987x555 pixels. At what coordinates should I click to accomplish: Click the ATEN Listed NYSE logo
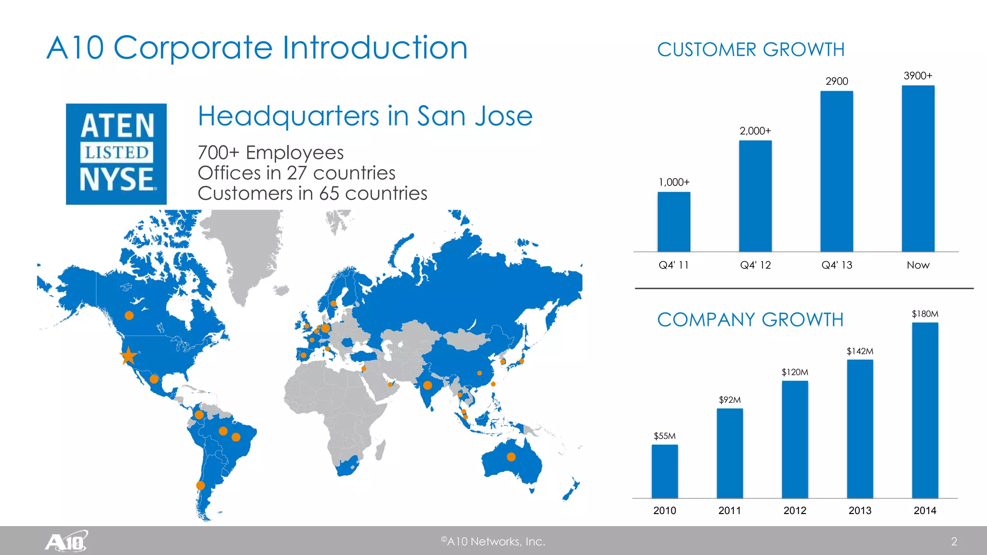point(116,154)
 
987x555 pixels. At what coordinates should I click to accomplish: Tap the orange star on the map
point(129,356)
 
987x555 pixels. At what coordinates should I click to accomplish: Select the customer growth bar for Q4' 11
point(674,222)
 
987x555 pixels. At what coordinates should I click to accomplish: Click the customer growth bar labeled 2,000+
point(755,196)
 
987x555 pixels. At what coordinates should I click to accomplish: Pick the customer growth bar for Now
point(918,168)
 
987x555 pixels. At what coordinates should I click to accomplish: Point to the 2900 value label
point(837,81)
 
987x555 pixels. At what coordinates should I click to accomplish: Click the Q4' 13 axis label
point(837,265)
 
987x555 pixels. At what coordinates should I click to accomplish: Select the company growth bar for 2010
point(665,471)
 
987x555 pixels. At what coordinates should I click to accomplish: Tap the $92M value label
point(730,400)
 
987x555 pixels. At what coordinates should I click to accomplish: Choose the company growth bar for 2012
point(795,439)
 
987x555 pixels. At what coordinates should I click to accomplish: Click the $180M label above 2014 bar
point(925,314)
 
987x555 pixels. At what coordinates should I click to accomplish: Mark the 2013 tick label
point(860,511)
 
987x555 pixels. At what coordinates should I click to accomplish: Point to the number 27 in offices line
point(297,173)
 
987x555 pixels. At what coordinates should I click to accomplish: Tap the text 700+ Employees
point(270,153)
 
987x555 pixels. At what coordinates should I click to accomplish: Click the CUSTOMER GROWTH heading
point(750,50)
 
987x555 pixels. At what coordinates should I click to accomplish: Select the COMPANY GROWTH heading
point(750,320)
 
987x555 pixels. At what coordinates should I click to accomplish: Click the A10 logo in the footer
point(67,542)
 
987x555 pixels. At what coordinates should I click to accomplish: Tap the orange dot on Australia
point(511,457)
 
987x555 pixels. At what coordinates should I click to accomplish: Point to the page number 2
point(954,542)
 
